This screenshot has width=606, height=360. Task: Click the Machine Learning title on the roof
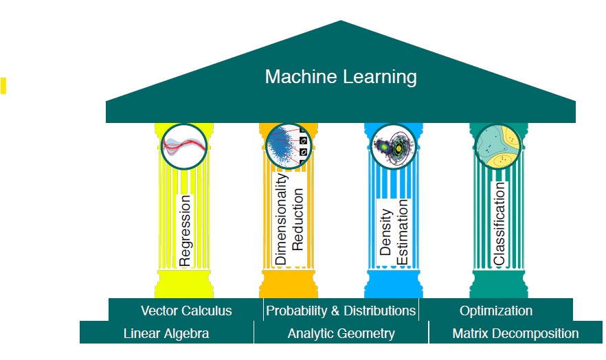pos(341,76)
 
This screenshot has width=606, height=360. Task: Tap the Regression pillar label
pos(185,231)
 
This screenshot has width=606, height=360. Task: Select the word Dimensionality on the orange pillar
pos(281,218)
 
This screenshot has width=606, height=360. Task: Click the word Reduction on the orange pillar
pos(298,219)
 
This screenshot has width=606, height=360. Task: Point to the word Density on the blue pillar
pos(385,232)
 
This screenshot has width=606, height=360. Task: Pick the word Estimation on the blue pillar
pos(402,232)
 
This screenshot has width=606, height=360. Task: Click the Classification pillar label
pos(499,223)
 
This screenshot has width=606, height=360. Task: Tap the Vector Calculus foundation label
pos(186,311)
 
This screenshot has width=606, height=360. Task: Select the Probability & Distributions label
pos(341,311)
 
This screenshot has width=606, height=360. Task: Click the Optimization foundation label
pos(496,311)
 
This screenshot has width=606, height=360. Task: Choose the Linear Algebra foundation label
pos(166,333)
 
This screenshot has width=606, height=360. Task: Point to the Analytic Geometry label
pos(341,333)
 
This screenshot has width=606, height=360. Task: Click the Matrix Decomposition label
pos(515,333)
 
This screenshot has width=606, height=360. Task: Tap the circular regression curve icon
pos(184,146)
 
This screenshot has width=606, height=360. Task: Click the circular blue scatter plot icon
pos(289,146)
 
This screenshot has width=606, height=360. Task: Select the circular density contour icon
pos(394,146)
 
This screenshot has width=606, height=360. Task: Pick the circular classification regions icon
pos(498,146)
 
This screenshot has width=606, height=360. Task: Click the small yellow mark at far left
pos(3,86)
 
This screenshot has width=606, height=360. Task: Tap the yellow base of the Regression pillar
pos(184,284)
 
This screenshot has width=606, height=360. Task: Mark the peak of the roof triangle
pos(341,21)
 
